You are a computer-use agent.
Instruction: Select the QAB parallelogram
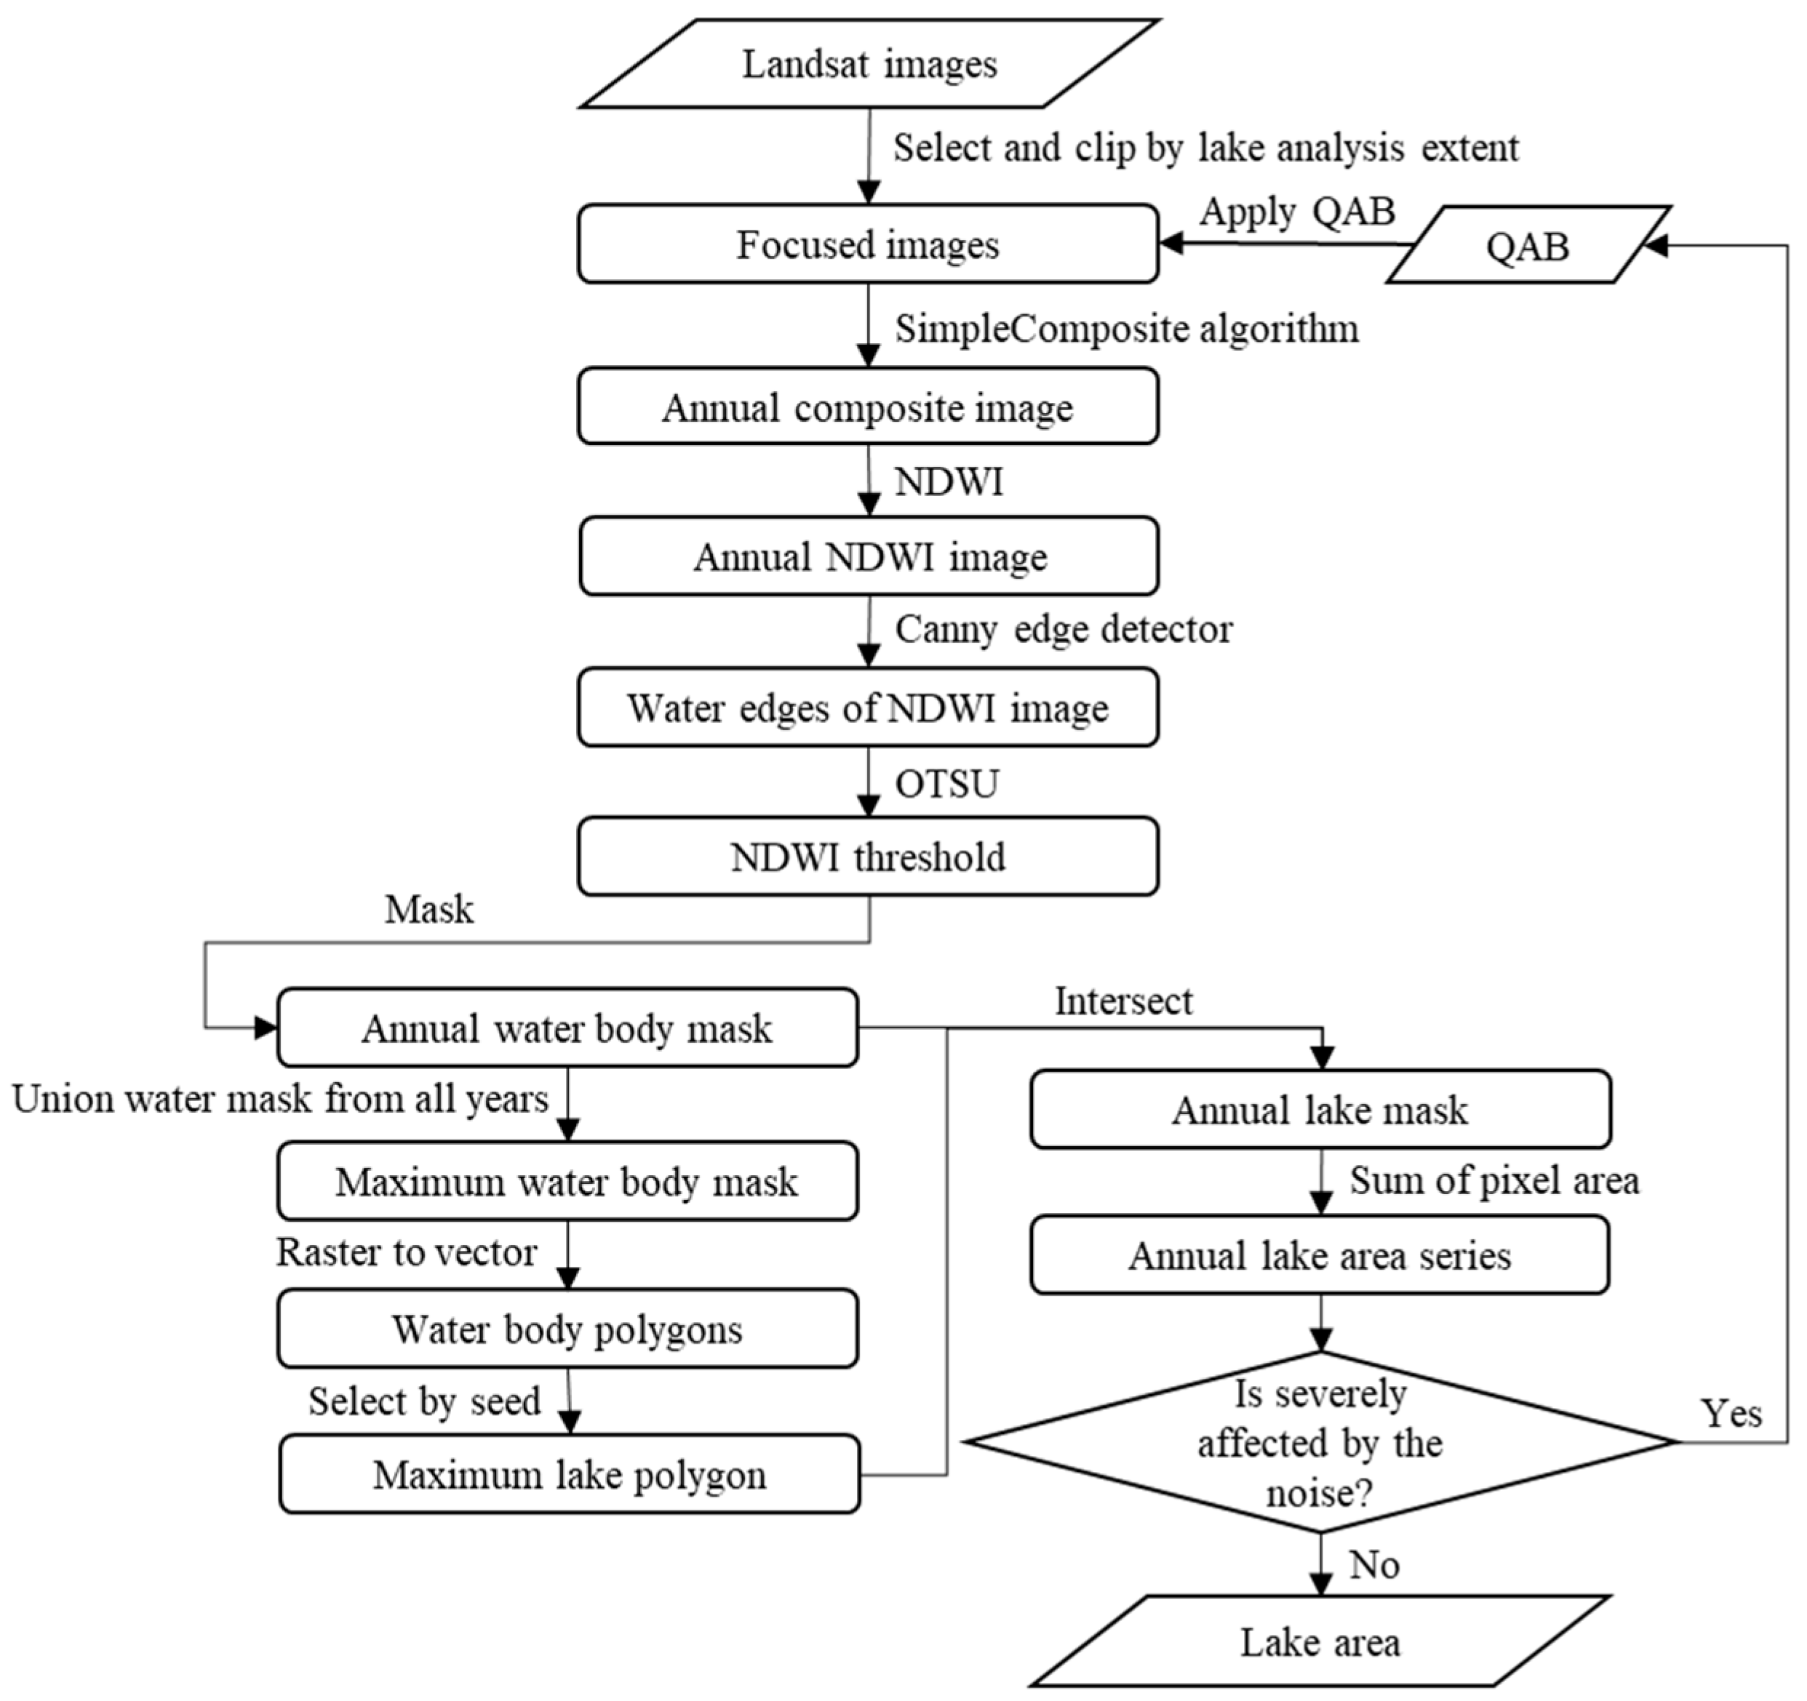pyautogui.click(x=1527, y=245)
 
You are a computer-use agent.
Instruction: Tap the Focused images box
pyautogui.click(x=868, y=244)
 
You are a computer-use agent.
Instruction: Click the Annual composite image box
pyautogui.click(x=868, y=407)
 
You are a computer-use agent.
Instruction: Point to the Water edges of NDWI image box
pyautogui.click(x=868, y=708)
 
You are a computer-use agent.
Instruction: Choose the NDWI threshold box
pyautogui.click(x=868, y=857)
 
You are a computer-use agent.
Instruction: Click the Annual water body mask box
pyautogui.click(x=567, y=1028)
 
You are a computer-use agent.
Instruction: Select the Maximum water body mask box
pyautogui.click(x=567, y=1181)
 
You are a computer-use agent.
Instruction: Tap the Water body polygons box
pyautogui.click(x=567, y=1329)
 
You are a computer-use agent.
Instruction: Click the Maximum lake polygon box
pyautogui.click(x=569, y=1475)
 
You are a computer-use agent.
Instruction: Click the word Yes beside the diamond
pyautogui.click(x=1731, y=1413)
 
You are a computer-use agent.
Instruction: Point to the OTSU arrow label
pyautogui.click(x=947, y=783)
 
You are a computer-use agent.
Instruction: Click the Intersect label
pyautogui.click(x=1123, y=1001)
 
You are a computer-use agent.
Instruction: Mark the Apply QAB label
pyautogui.click(x=1297, y=211)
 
